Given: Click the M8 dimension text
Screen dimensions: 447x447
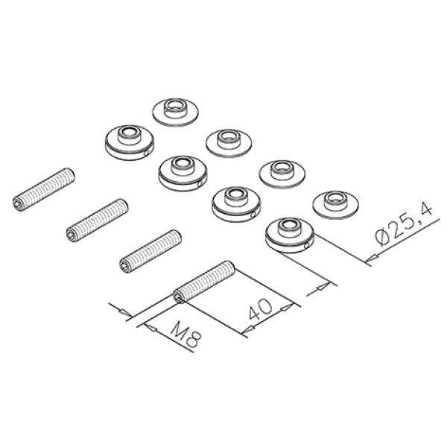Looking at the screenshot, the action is (x=186, y=337).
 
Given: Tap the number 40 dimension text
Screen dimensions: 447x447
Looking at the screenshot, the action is (x=261, y=308).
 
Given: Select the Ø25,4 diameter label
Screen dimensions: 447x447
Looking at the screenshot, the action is (x=404, y=225).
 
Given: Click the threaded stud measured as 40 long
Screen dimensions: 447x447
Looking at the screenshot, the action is (x=204, y=282).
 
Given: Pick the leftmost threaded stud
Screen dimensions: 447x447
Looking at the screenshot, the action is (x=44, y=189).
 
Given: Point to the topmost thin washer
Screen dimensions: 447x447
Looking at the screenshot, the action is (x=175, y=112).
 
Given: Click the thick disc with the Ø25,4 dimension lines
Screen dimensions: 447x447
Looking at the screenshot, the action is (x=290, y=235).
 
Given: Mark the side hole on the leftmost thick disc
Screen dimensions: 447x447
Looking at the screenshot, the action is (x=146, y=153).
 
